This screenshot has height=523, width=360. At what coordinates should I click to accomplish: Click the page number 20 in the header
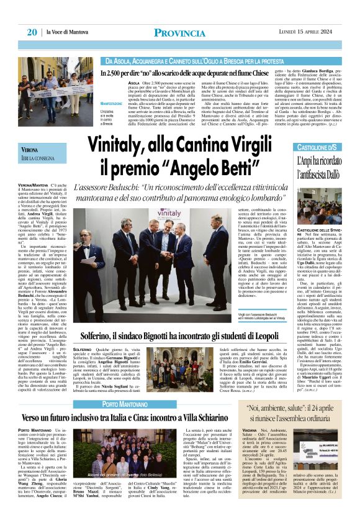pyautogui.click(x=31, y=32)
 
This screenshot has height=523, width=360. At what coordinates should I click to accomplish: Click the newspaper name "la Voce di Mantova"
pyautogui.click(x=71, y=32)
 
